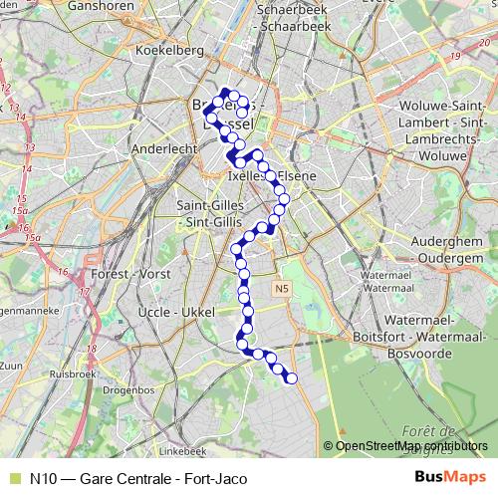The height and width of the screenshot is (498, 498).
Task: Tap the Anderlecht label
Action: (165, 150)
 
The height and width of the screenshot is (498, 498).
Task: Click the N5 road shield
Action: (281, 289)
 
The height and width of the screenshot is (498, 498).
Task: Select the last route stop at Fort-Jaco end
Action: (291, 377)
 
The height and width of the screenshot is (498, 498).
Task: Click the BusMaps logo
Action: (450, 478)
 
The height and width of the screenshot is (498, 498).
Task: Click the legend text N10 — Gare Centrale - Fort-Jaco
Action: (138, 478)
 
